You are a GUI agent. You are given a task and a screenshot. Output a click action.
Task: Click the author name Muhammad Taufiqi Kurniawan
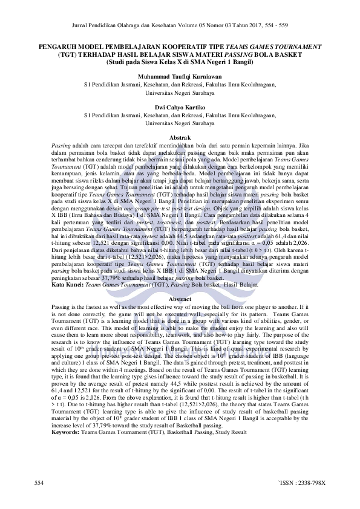(180, 77)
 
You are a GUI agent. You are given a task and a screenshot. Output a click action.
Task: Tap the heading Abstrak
(180, 138)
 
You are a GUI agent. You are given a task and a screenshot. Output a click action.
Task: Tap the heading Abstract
(180, 282)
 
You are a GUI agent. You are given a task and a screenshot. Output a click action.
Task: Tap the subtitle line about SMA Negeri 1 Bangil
(180, 61)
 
